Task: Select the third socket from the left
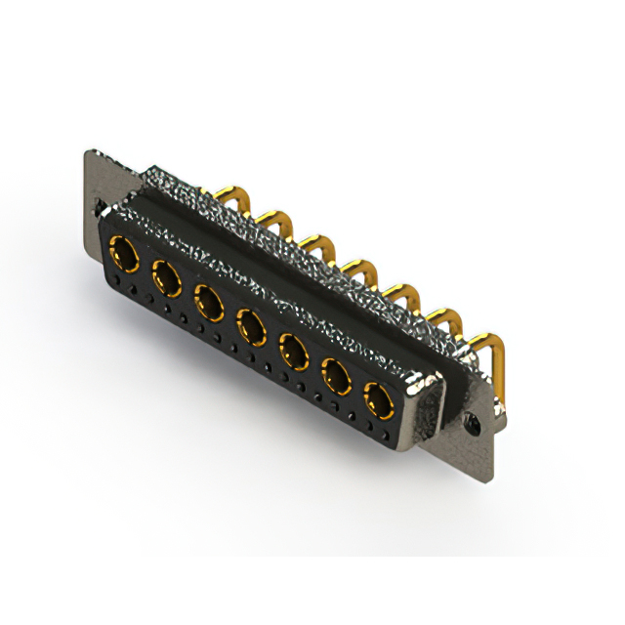[209, 304]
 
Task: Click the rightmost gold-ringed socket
[380, 399]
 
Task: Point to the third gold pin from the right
[400, 294]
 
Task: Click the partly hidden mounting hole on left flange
[100, 207]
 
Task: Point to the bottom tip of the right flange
[483, 474]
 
